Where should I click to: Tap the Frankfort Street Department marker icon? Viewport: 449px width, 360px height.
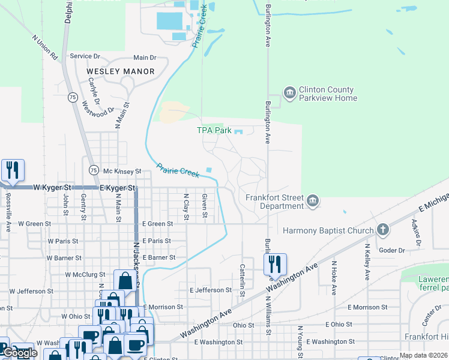(x=313, y=201)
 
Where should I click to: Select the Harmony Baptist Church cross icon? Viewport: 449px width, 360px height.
(x=382, y=230)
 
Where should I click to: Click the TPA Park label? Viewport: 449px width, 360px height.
(x=214, y=130)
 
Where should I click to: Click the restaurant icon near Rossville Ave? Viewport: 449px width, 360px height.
(x=13, y=171)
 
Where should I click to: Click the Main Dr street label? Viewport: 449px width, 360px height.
(x=145, y=58)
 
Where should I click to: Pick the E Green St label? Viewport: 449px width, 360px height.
(x=157, y=224)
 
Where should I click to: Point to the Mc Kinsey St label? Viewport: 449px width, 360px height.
(x=121, y=171)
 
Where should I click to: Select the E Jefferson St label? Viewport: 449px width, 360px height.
(x=211, y=290)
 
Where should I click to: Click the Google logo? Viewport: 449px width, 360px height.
(x=20, y=353)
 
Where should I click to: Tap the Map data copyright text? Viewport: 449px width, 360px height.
(x=423, y=355)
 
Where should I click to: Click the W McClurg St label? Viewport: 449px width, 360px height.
(x=85, y=275)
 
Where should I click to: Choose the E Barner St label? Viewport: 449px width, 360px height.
(x=158, y=257)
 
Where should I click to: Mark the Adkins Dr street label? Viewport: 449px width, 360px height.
(x=415, y=229)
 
